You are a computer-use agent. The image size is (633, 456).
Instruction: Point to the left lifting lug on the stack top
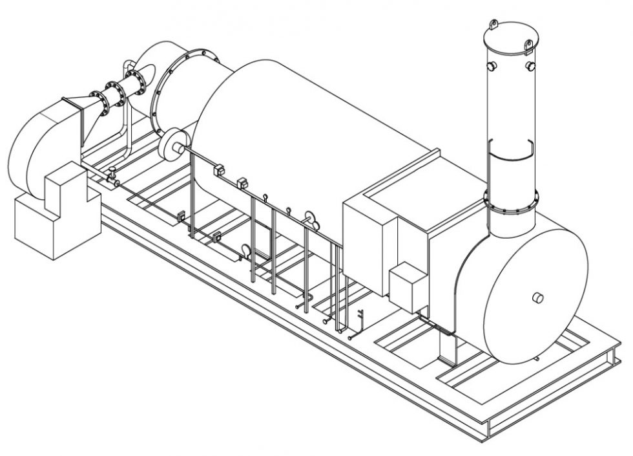point(494,25)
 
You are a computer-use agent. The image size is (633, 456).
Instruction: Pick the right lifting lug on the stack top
point(528,45)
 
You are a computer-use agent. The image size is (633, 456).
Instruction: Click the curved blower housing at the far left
point(36,149)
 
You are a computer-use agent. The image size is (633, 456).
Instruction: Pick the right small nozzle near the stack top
point(530,67)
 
